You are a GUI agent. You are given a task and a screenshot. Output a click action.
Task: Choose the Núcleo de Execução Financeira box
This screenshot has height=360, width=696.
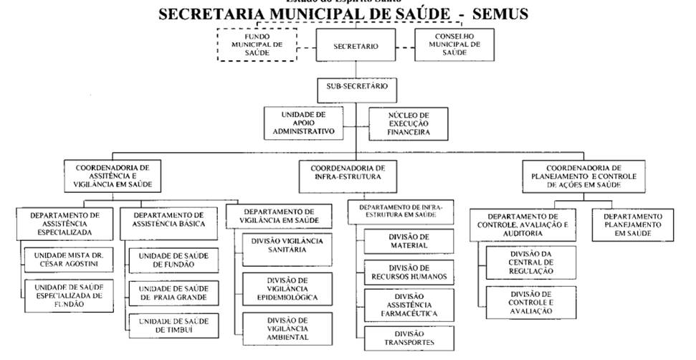tap(409, 123)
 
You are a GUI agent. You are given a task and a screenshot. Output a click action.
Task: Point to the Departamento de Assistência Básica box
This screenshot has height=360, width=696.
tap(169, 219)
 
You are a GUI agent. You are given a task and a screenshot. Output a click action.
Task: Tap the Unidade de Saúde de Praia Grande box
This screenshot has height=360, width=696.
tap(172, 293)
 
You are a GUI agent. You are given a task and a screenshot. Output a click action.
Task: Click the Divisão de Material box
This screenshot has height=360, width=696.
tap(409, 242)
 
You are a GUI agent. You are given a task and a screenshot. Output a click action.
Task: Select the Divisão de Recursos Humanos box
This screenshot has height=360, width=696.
tap(409, 272)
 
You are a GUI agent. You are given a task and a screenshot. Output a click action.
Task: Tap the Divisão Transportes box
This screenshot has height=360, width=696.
tap(409, 338)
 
